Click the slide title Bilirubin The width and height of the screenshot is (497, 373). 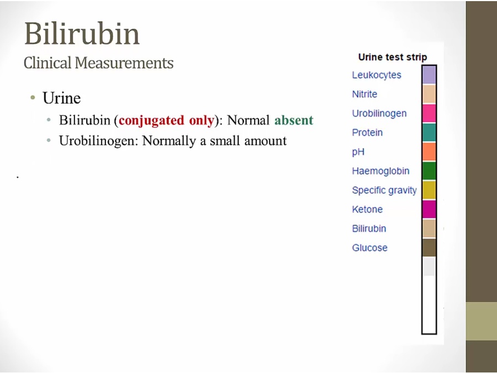[82, 33]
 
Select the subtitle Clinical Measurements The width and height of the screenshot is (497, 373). [99, 62]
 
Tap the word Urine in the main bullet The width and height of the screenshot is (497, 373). [61, 98]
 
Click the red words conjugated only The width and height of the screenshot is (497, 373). [166, 120]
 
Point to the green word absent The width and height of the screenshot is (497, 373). [294, 120]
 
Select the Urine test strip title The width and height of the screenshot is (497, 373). [393, 57]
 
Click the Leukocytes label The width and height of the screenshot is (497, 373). [377, 75]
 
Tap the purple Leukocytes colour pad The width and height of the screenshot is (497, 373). [429, 75]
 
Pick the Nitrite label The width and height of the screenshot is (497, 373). [364, 94]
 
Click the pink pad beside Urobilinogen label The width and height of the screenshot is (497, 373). [429, 113]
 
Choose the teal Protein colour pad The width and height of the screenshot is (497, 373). [429, 132]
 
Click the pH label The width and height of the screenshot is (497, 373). [358, 152]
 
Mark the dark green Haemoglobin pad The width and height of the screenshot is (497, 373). [429, 171]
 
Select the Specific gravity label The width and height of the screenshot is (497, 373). [384, 190]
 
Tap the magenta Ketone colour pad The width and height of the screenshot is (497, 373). [429, 209]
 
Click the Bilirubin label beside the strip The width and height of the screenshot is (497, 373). [369, 228]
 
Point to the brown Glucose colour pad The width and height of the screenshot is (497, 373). [429, 248]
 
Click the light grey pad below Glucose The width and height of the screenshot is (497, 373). [429, 266]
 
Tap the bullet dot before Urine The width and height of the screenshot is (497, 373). [33, 97]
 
